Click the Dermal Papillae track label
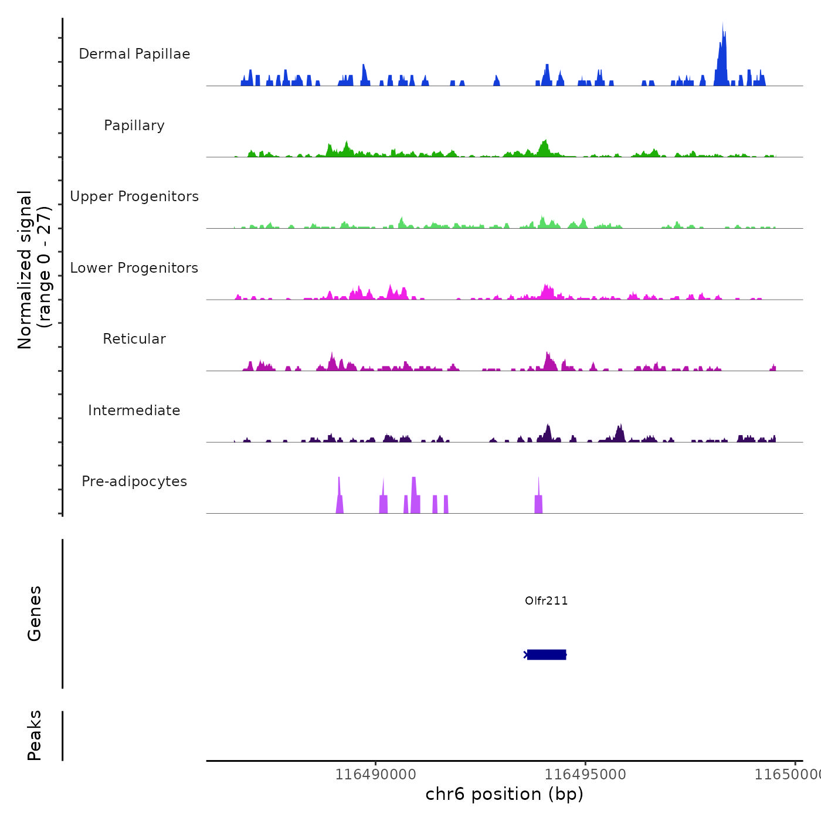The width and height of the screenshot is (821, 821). [x=134, y=54]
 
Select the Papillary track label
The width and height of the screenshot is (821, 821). [x=134, y=125]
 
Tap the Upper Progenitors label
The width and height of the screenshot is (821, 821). [x=134, y=196]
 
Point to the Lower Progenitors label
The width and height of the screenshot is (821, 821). [x=134, y=268]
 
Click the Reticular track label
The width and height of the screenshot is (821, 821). [x=134, y=339]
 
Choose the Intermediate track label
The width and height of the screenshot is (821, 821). [x=134, y=410]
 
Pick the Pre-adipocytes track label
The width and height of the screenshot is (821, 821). [x=134, y=481]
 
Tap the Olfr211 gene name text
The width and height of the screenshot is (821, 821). [x=546, y=601]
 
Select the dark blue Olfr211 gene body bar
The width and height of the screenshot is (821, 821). [x=547, y=654]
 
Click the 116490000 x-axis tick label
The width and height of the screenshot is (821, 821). [x=375, y=775]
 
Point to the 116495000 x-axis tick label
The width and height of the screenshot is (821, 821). [x=585, y=775]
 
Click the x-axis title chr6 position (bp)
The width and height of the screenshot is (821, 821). [x=504, y=794]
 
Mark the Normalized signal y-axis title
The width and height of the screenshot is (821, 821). [x=34, y=270]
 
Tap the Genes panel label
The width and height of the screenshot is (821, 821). [x=34, y=613]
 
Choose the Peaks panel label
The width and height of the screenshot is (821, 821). [x=34, y=735]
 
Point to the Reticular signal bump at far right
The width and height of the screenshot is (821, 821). [x=773, y=368]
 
